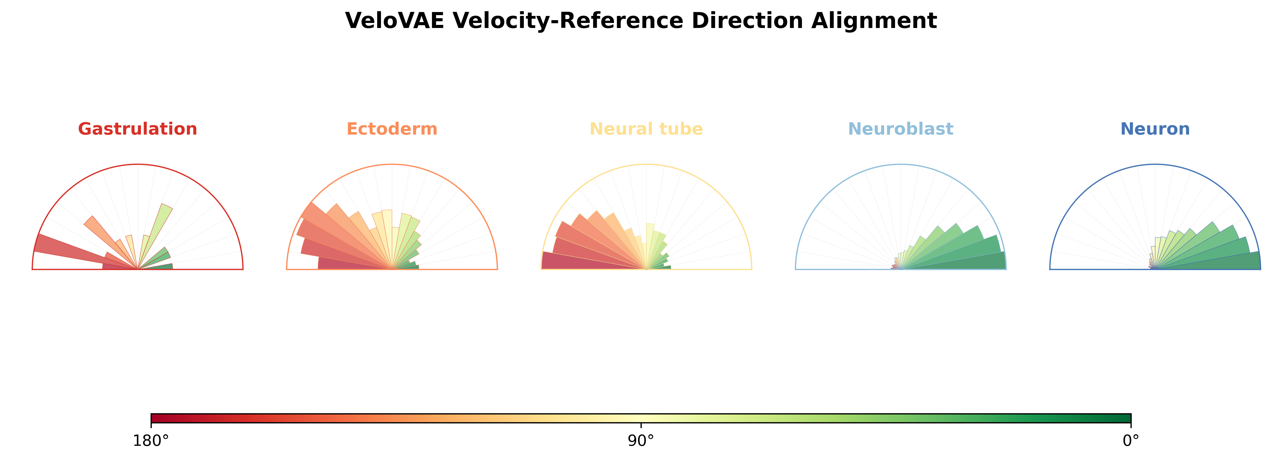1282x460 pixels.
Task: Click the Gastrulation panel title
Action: click(137, 129)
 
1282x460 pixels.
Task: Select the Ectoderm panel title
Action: click(392, 129)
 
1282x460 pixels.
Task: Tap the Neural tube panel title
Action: click(646, 129)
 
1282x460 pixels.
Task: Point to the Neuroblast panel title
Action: click(901, 129)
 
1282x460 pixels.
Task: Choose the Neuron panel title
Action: click(1155, 129)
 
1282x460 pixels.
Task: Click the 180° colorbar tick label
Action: click(151, 441)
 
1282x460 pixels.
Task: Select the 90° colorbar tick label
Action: click(641, 441)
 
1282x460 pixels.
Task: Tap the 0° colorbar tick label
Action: click(1131, 441)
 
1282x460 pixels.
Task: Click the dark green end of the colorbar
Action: click(1126, 418)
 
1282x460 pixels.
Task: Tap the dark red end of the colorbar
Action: click(156, 418)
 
